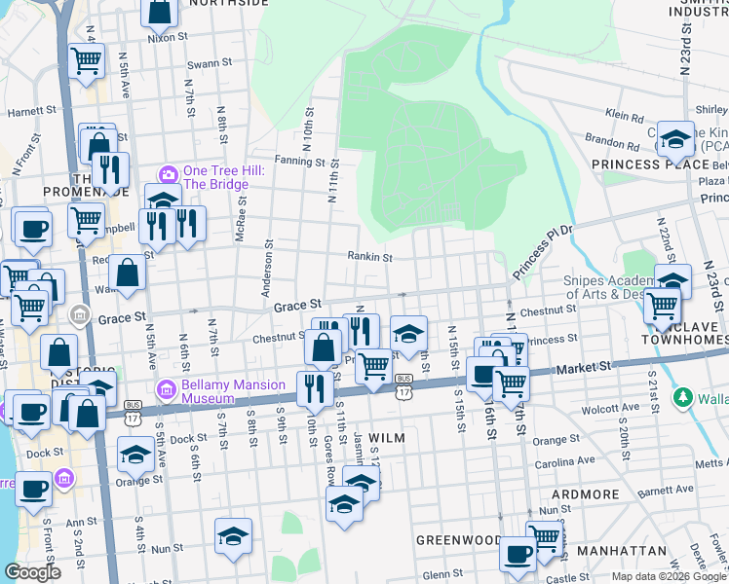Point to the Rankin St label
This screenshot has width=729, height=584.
(370, 258)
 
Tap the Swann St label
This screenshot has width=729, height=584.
(209, 64)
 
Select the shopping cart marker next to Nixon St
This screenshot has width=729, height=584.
(87, 59)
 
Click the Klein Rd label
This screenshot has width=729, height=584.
(625, 114)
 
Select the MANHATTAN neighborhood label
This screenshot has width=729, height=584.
(620, 551)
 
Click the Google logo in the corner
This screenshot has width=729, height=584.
(32, 572)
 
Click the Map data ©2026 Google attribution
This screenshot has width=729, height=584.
(668, 576)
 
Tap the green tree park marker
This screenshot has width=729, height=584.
(683, 397)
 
